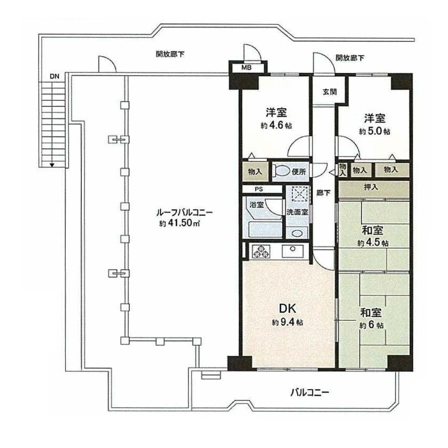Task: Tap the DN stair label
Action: tap(54, 76)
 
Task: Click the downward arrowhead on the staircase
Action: tap(52, 164)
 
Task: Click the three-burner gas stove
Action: tap(261, 252)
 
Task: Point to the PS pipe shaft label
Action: tap(259, 189)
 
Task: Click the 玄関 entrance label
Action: tap(330, 92)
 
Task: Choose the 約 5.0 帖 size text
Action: tap(374, 131)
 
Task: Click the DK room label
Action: tap(287, 308)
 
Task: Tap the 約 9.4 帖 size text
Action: tap(287, 322)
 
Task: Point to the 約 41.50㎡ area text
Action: tap(179, 223)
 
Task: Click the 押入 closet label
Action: tap(371, 187)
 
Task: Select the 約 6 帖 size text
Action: tap(371, 325)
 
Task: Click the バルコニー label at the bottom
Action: tap(310, 392)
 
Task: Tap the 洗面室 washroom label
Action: tap(297, 212)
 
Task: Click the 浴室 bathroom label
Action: tap(256, 205)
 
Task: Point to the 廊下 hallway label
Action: tap(323, 193)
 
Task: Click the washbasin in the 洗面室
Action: tap(297, 233)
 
